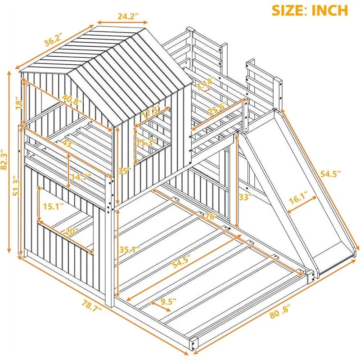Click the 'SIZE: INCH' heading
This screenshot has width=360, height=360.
click(x=310, y=10)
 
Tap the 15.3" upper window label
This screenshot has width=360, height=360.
click(x=147, y=143)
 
